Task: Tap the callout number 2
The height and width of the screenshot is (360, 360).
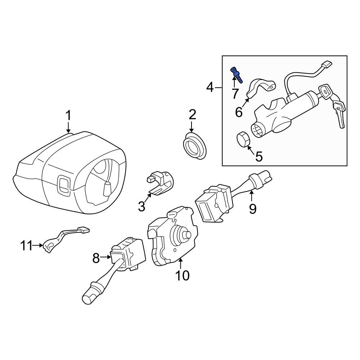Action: (x=192, y=115)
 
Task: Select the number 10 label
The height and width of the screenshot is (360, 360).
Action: (x=182, y=276)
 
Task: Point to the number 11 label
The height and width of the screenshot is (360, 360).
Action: (x=26, y=246)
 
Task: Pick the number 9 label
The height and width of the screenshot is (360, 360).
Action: (x=252, y=208)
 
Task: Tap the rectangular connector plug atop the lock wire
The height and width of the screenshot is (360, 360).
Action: (x=326, y=66)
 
